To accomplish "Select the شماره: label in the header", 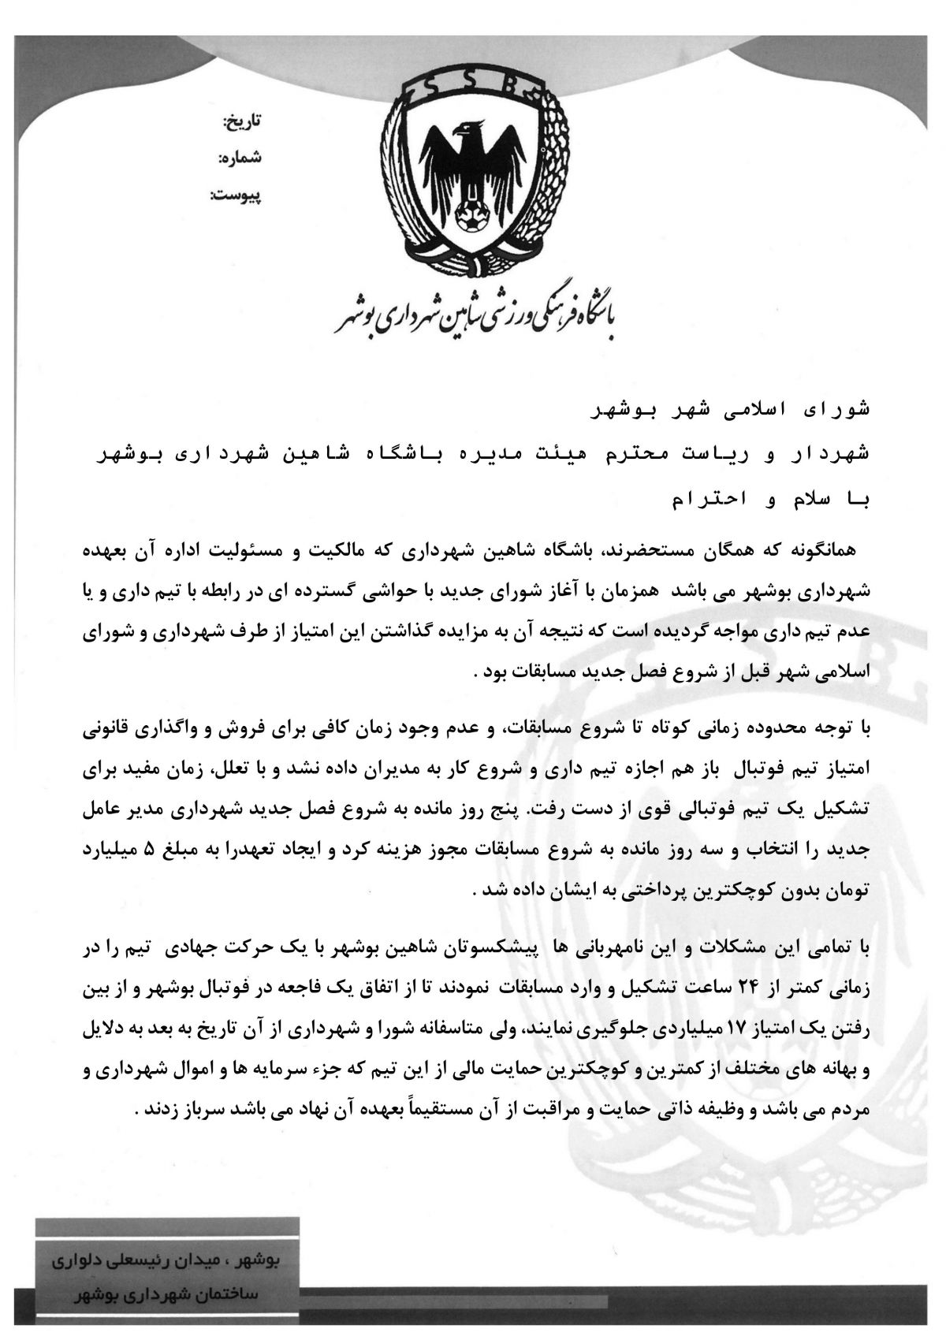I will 240,158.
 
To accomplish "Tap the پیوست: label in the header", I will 236,194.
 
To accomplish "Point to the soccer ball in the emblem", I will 472,214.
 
